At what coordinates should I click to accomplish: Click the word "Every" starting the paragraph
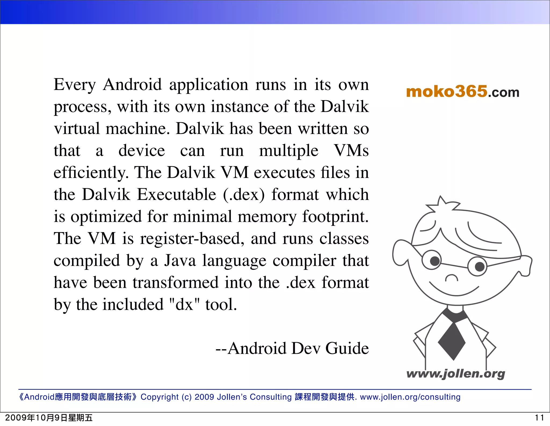(74, 85)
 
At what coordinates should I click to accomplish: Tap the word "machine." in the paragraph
(138, 129)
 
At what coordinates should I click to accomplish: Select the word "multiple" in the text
(288, 151)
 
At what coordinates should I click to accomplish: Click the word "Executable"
(176, 195)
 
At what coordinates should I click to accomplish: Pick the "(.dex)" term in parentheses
(244, 195)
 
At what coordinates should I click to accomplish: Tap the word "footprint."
(335, 217)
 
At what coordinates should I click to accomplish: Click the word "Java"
(180, 261)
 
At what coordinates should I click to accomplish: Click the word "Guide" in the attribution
(347, 348)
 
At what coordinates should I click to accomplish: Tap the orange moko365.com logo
(462, 92)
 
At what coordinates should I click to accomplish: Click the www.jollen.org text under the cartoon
(455, 374)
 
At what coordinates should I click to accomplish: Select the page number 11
(539, 418)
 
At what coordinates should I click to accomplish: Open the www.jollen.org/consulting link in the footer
(410, 397)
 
